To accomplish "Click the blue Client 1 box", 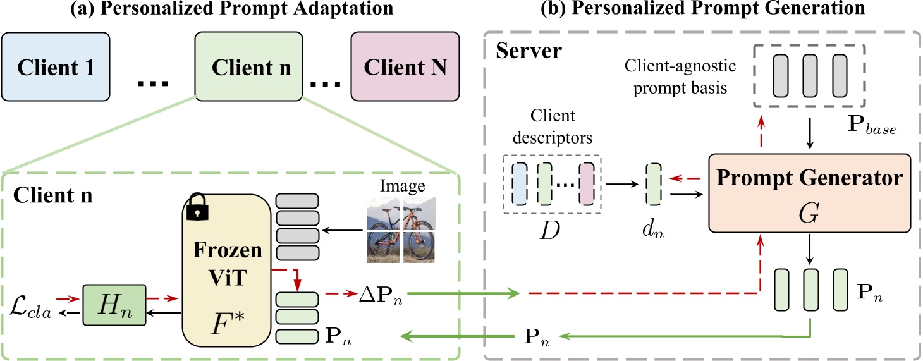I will point(56,67).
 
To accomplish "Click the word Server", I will point(529,51).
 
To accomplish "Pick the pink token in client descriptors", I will point(588,183).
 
